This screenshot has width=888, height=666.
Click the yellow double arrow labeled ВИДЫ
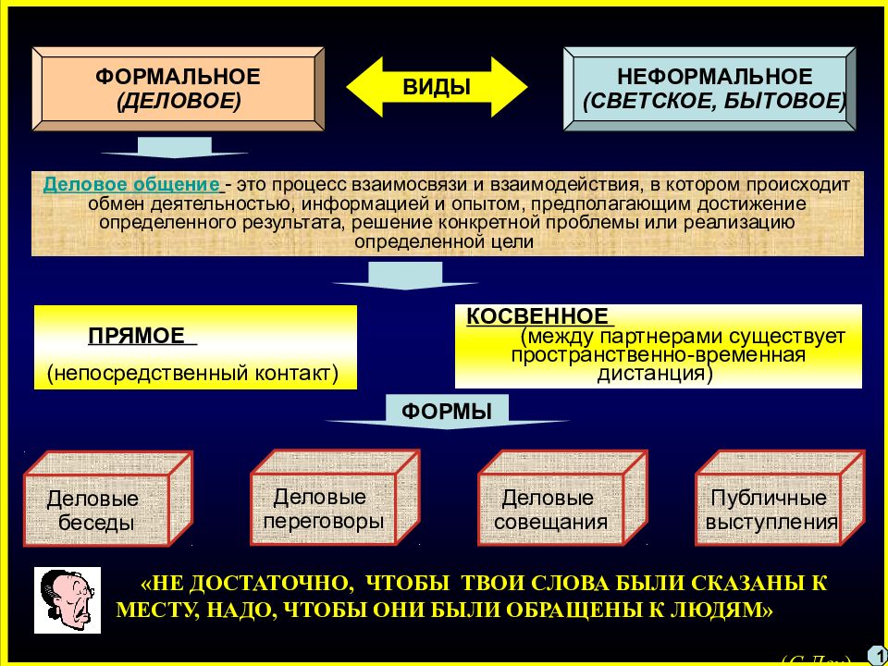pyautogui.click(x=437, y=87)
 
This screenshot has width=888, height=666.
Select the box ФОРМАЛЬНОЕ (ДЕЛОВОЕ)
pyautogui.click(x=178, y=88)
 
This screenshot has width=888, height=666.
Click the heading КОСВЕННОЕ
pyautogui.click(x=537, y=315)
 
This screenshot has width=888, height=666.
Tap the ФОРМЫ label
pyautogui.click(x=446, y=412)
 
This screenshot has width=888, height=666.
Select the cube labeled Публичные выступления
pyautogui.click(x=771, y=510)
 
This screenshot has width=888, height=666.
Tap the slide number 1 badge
pyautogui.click(x=874, y=655)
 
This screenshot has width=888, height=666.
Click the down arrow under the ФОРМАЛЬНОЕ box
pyautogui.click(x=174, y=148)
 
